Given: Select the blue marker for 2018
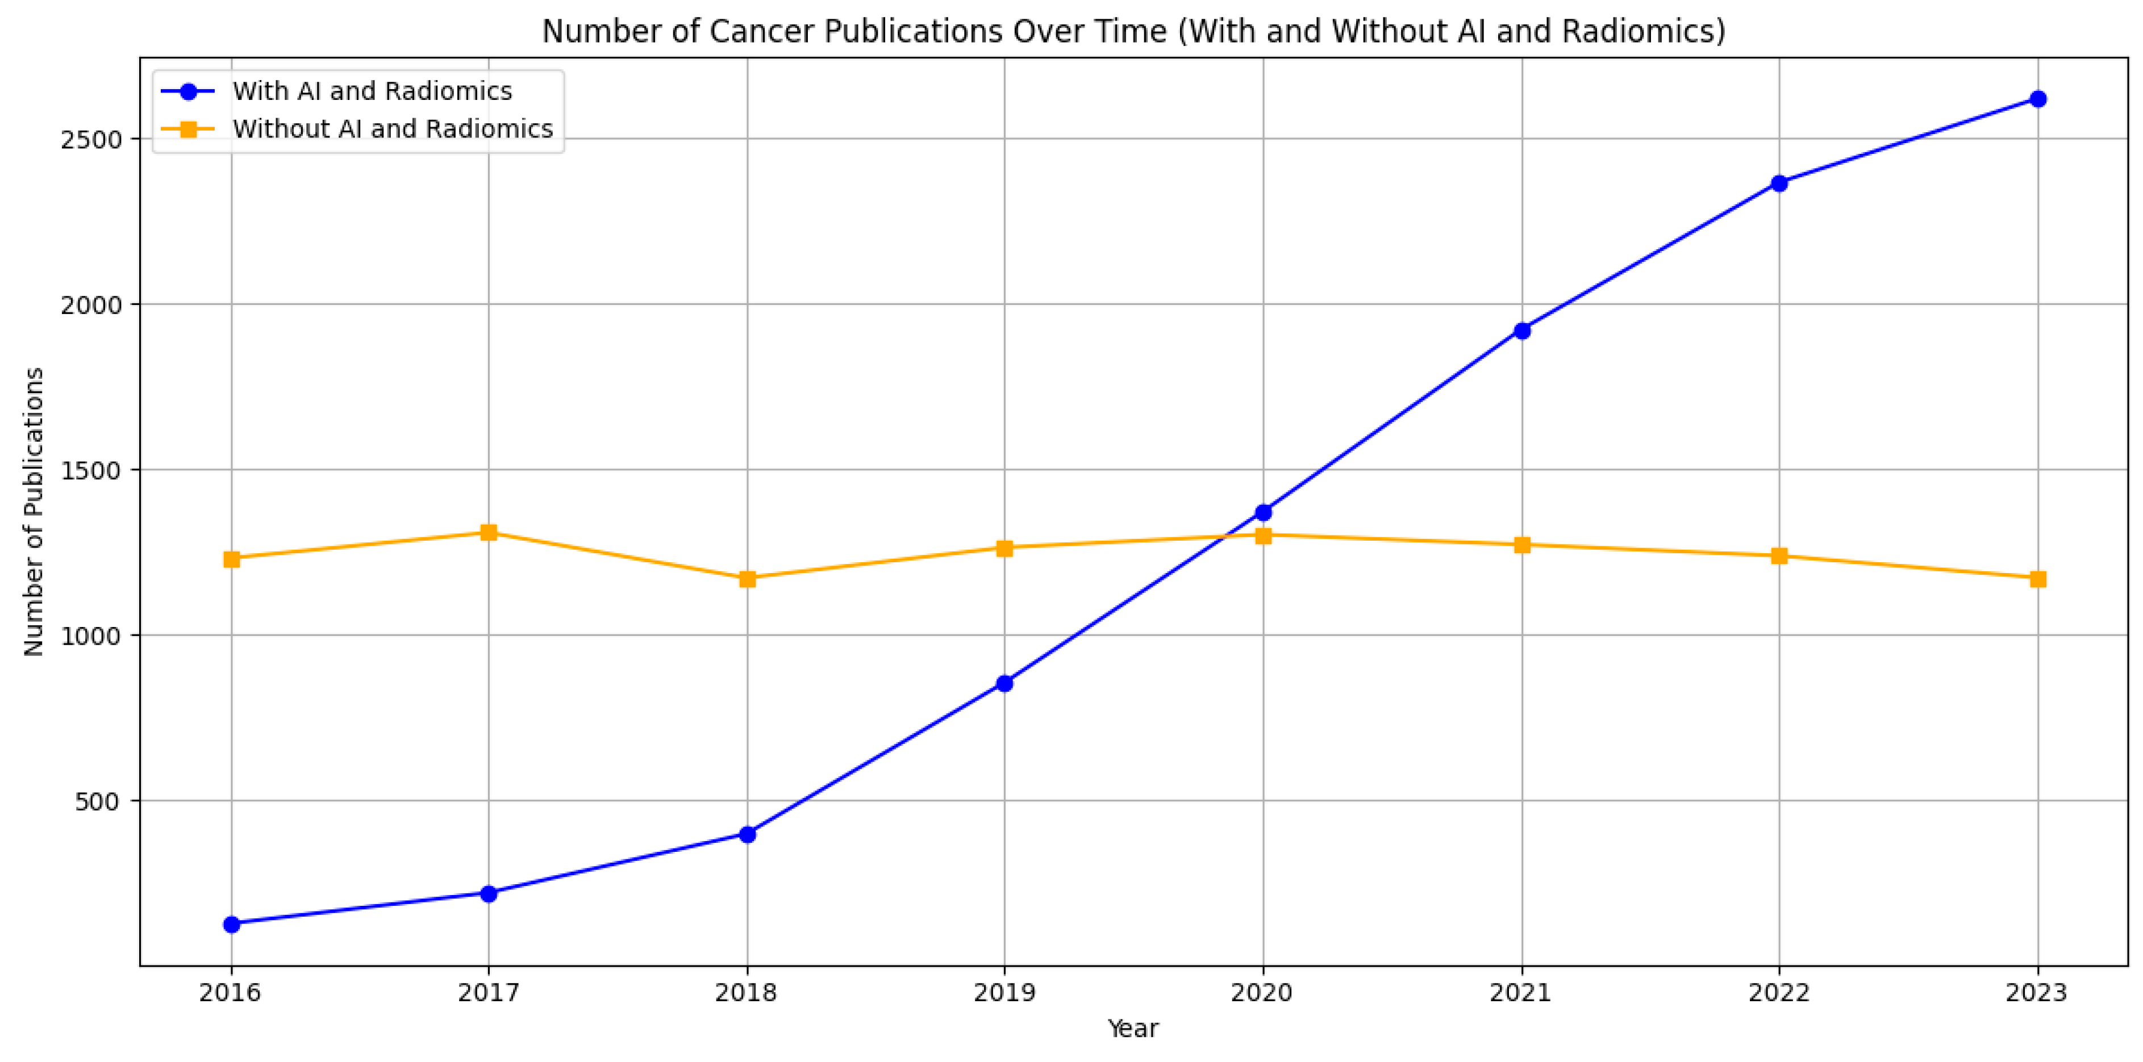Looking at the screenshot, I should click(x=747, y=834).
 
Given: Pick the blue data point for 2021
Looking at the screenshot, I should click(x=1521, y=330).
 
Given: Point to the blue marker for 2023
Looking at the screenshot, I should click(x=2037, y=99).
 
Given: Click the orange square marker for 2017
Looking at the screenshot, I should click(x=489, y=532).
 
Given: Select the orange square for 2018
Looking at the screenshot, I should click(x=747, y=579).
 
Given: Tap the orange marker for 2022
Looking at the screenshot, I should click(x=1779, y=555).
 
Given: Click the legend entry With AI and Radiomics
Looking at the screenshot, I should click(x=372, y=91).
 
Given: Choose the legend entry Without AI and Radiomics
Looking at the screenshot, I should click(x=392, y=129).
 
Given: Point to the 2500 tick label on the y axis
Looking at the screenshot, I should click(x=91, y=139).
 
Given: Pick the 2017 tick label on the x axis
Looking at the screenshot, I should click(x=489, y=993).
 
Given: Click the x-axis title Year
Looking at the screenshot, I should click(x=1132, y=1028).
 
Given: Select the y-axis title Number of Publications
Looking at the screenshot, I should click(x=34, y=512).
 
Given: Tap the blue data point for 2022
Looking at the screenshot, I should click(x=1779, y=183).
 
